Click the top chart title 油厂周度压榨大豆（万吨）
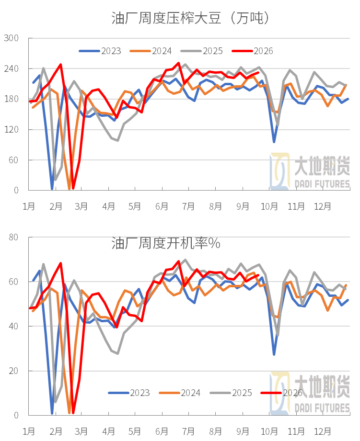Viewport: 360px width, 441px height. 190,18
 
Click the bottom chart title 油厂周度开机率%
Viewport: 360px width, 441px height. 166,243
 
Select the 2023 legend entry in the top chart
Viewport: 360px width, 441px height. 100,51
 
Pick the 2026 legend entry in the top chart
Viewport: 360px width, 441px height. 253,51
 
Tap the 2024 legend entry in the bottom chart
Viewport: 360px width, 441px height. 180,393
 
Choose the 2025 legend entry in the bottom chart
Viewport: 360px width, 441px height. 231,393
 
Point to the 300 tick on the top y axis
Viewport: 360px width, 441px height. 11,38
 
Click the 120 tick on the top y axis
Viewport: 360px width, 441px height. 11,130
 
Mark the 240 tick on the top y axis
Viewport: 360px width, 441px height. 11,68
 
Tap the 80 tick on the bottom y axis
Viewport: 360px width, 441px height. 13,237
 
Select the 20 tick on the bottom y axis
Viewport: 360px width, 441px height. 13,371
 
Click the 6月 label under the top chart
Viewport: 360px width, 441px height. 162,206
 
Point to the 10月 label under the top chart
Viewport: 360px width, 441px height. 269,206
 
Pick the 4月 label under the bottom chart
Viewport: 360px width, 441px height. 108,431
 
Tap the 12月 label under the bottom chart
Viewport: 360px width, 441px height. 323,431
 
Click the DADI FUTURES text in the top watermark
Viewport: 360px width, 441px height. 322,184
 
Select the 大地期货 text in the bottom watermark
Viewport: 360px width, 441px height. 322,386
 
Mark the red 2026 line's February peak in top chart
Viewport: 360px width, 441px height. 61,65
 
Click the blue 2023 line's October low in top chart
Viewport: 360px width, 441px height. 274,142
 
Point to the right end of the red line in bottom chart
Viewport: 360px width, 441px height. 258,275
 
